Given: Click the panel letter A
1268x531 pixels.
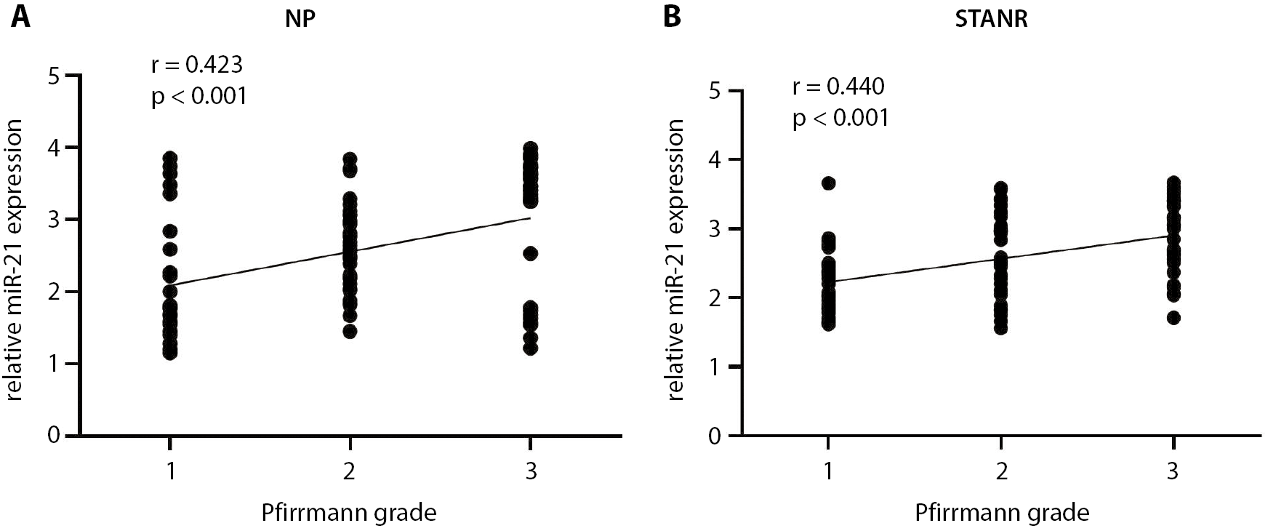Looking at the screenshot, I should pyautogui.click(x=20, y=16).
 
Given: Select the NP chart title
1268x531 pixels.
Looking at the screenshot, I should pyautogui.click(x=300, y=19).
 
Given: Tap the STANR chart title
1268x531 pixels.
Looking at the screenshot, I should pyautogui.click(x=991, y=19).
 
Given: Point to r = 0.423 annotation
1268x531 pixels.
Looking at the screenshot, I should pyautogui.click(x=196, y=65).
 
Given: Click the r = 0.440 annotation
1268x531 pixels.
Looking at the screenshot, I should pyautogui.click(x=838, y=87).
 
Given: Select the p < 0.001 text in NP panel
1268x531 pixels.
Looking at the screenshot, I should pyautogui.click(x=199, y=95).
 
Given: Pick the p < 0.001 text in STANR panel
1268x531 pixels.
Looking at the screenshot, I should pyautogui.click(x=841, y=117).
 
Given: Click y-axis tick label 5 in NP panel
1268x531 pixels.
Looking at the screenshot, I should pyautogui.click(x=53, y=76).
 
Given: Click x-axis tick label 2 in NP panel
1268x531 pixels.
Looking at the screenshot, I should pyautogui.click(x=350, y=471).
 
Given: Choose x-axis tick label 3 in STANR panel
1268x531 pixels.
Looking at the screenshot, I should pyautogui.click(x=1172, y=471).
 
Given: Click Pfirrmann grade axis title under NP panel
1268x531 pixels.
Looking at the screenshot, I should pyautogui.click(x=349, y=513).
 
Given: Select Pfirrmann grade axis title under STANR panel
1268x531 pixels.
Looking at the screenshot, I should pyautogui.click(x=1002, y=513).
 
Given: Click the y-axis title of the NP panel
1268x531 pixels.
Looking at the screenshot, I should pyautogui.click(x=16, y=260).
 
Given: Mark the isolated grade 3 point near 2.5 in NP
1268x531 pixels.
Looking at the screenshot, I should pyautogui.click(x=531, y=253).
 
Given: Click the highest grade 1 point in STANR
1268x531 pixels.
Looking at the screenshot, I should pyautogui.click(x=828, y=183).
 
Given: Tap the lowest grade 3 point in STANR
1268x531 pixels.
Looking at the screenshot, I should pyautogui.click(x=1173, y=317).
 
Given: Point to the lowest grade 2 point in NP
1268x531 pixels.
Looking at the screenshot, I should pyautogui.click(x=350, y=332).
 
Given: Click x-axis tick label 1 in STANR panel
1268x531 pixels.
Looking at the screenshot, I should pyautogui.click(x=828, y=471).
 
